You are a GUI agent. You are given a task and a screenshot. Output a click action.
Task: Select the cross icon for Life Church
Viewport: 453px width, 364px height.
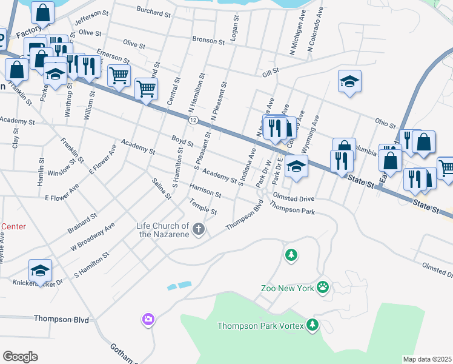click(199, 229)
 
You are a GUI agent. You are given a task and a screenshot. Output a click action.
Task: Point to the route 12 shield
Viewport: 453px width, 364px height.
click(193, 121)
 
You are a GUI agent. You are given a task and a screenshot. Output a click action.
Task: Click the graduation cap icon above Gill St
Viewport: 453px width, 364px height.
click(349, 82)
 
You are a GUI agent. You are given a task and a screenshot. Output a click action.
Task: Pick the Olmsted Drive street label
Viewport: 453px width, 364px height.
click(294, 198)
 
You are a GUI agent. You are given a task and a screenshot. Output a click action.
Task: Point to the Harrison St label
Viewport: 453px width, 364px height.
click(205, 190)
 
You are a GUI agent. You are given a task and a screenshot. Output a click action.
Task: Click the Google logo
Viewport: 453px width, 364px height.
click(20, 357)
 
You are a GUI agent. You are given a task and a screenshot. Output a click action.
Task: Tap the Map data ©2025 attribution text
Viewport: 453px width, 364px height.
click(426, 359)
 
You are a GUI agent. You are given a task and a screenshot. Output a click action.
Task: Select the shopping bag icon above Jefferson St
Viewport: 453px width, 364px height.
click(42, 12)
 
